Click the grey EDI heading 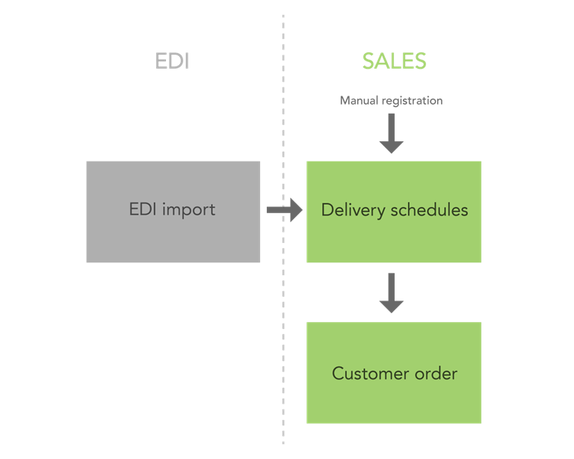click(172, 61)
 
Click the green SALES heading click(394, 61)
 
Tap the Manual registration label click(391, 100)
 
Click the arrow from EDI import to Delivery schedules click(284, 210)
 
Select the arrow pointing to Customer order click(391, 293)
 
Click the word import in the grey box click(189, 209)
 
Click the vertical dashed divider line click(283, 336)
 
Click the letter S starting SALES click(369, 61)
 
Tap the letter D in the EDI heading click(173, 61)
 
